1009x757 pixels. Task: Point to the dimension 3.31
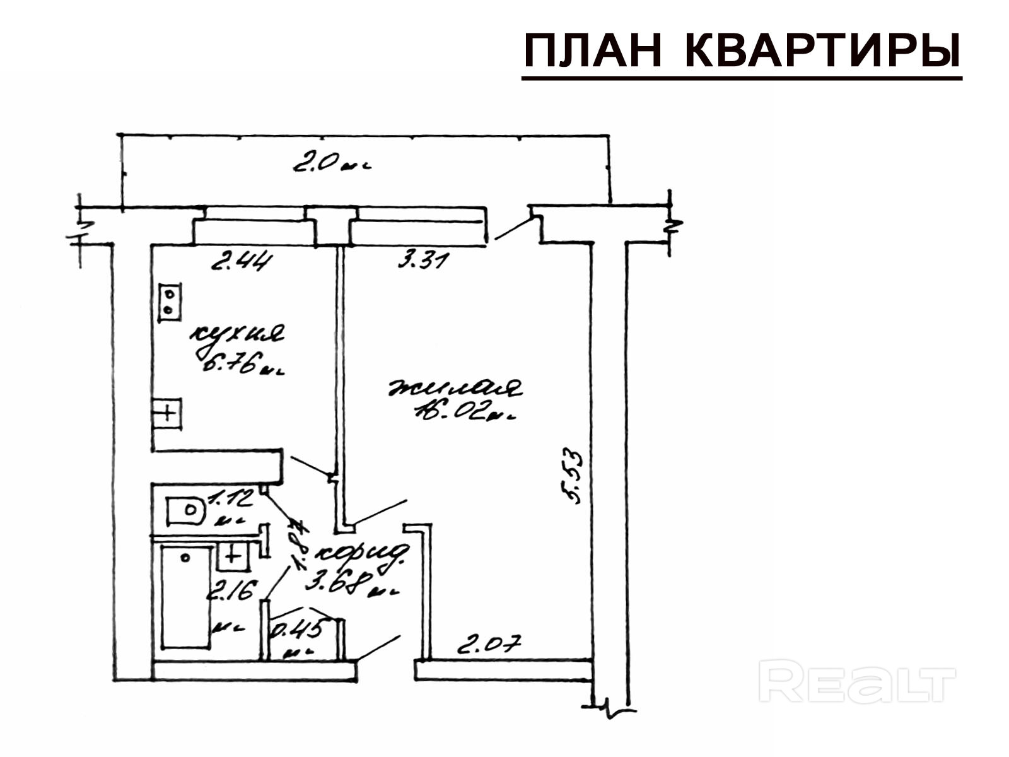click(x=423, y=259)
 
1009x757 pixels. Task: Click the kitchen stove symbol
click(x=170, y=302)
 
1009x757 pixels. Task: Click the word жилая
click(x=455, y=387)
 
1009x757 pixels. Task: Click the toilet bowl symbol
click(x=186, y=511)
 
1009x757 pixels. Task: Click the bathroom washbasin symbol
click(x=233, y=556)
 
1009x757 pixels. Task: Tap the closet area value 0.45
click(x=299, y=629)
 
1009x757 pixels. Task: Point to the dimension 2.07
click(x=489, y=645)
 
